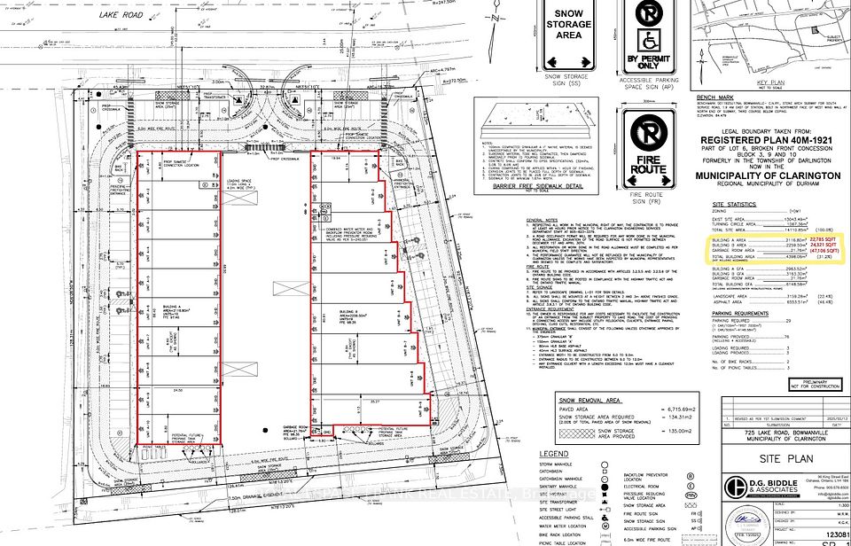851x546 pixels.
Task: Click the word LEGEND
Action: pyautogui.click(x=553, y=454)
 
